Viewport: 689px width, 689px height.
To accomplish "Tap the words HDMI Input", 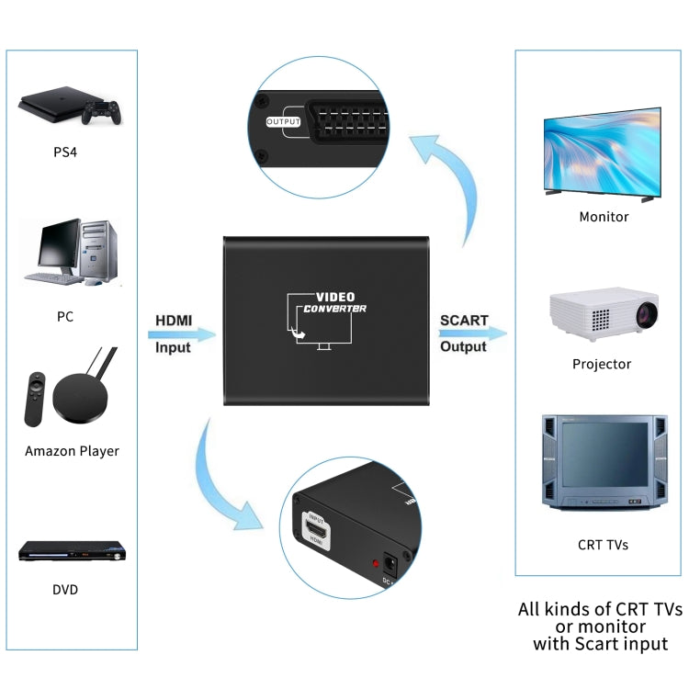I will (x=173, y=333).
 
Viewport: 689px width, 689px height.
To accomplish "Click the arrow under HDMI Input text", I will (x=183, y=334).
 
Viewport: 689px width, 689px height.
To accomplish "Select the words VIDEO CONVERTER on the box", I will (x=335, y=302).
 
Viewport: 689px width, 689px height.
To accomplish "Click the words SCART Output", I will (x=463, y=333).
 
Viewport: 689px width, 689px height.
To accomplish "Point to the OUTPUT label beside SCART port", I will (x=283, y=121).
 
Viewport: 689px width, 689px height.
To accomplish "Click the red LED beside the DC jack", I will (x=375, y=563).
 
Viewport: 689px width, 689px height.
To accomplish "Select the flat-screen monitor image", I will (x=603, y=156).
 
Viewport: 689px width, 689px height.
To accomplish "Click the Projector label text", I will (x=602, y=364).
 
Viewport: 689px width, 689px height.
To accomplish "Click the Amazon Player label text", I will (x=72, y=451).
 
